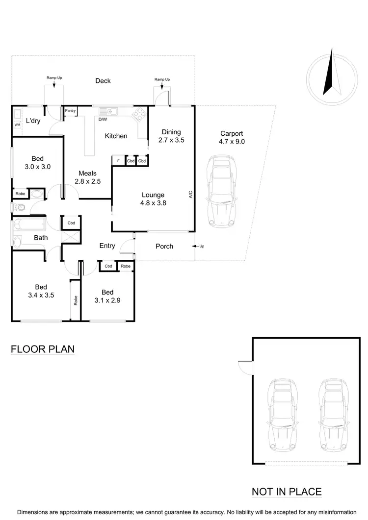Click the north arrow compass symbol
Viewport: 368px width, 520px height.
pyautogui.click(x=332, y=75)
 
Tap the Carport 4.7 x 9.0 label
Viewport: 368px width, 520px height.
pyautogui.click(x=232, y=137)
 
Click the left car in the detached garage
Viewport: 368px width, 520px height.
pyautogui.click(x=282, y=415)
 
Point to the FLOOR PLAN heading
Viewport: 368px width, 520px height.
pyautogui.click(x=43, y=349)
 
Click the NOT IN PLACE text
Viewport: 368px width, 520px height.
pyautogui.click(x=287, y=492)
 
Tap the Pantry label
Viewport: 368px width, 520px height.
pyautogui.click(x=70, y=111)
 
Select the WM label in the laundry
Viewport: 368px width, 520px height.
pyautogui.click(x=17, y=125)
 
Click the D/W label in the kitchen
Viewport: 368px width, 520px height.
pyautogui.click(x=103, y=119)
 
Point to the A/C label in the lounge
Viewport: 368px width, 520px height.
pyautogui.click(x=190, y=195)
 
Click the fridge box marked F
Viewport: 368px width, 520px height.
pyautogui.click(x=118, y=161)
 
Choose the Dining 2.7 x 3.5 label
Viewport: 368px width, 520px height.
pyautogui.click(x=171, y=136)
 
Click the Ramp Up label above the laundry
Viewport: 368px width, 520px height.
pyautogui.click(x=54, y=78)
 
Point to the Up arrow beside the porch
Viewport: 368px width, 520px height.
pyautogui.click(x=199, y=246)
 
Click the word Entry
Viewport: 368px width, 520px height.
pyautogui.click(x=107, y=246)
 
